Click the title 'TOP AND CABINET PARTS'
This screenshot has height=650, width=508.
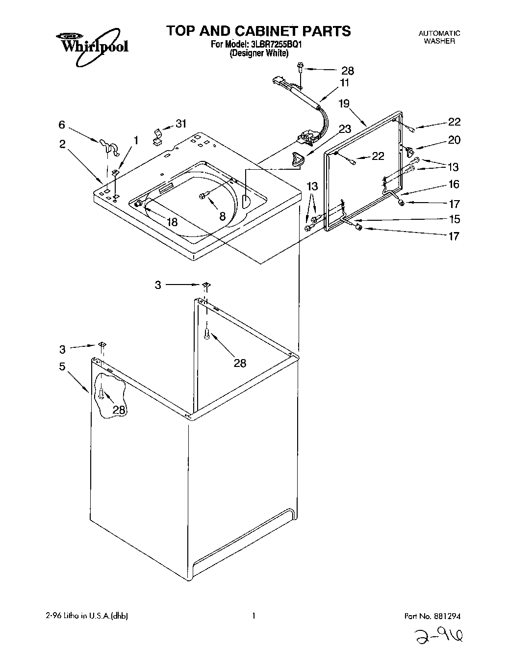click(x=258, y=31)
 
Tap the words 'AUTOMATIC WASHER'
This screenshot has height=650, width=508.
click(x=439, y=37)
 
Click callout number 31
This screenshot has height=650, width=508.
click(x=181, y=124)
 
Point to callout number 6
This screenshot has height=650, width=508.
click(x=62, y=125)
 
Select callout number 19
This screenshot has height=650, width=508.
click(x=344, y=104)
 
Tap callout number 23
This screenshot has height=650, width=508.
click(x=345, y=130)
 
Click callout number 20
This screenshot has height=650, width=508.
click(x=454, y=140)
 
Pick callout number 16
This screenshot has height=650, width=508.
click(x=454, y=184)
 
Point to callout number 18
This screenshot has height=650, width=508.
click(x=172, y=222)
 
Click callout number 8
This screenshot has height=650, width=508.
click(x=222, y=216)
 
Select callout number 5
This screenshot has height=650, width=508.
click(x=62, y=367)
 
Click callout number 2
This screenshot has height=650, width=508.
click(x=62, y=144)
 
